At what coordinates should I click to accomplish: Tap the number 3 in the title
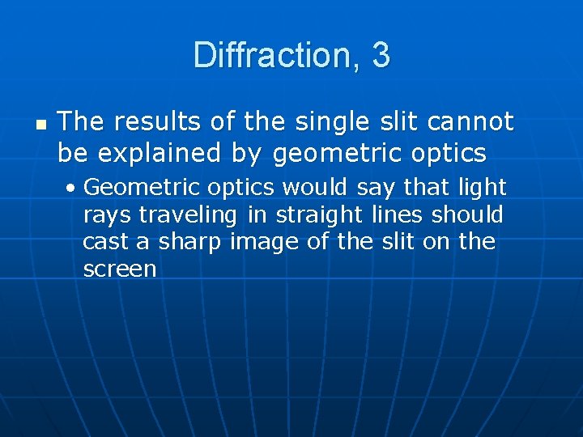click(381, 56)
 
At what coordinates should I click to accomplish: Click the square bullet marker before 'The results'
click(41, 125)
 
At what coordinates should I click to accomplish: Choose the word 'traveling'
click(188, 215)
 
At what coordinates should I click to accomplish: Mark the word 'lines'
click(397, 215)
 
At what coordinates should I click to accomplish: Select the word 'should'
click(467, 215)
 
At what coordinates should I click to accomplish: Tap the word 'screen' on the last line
click(120, 269)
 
